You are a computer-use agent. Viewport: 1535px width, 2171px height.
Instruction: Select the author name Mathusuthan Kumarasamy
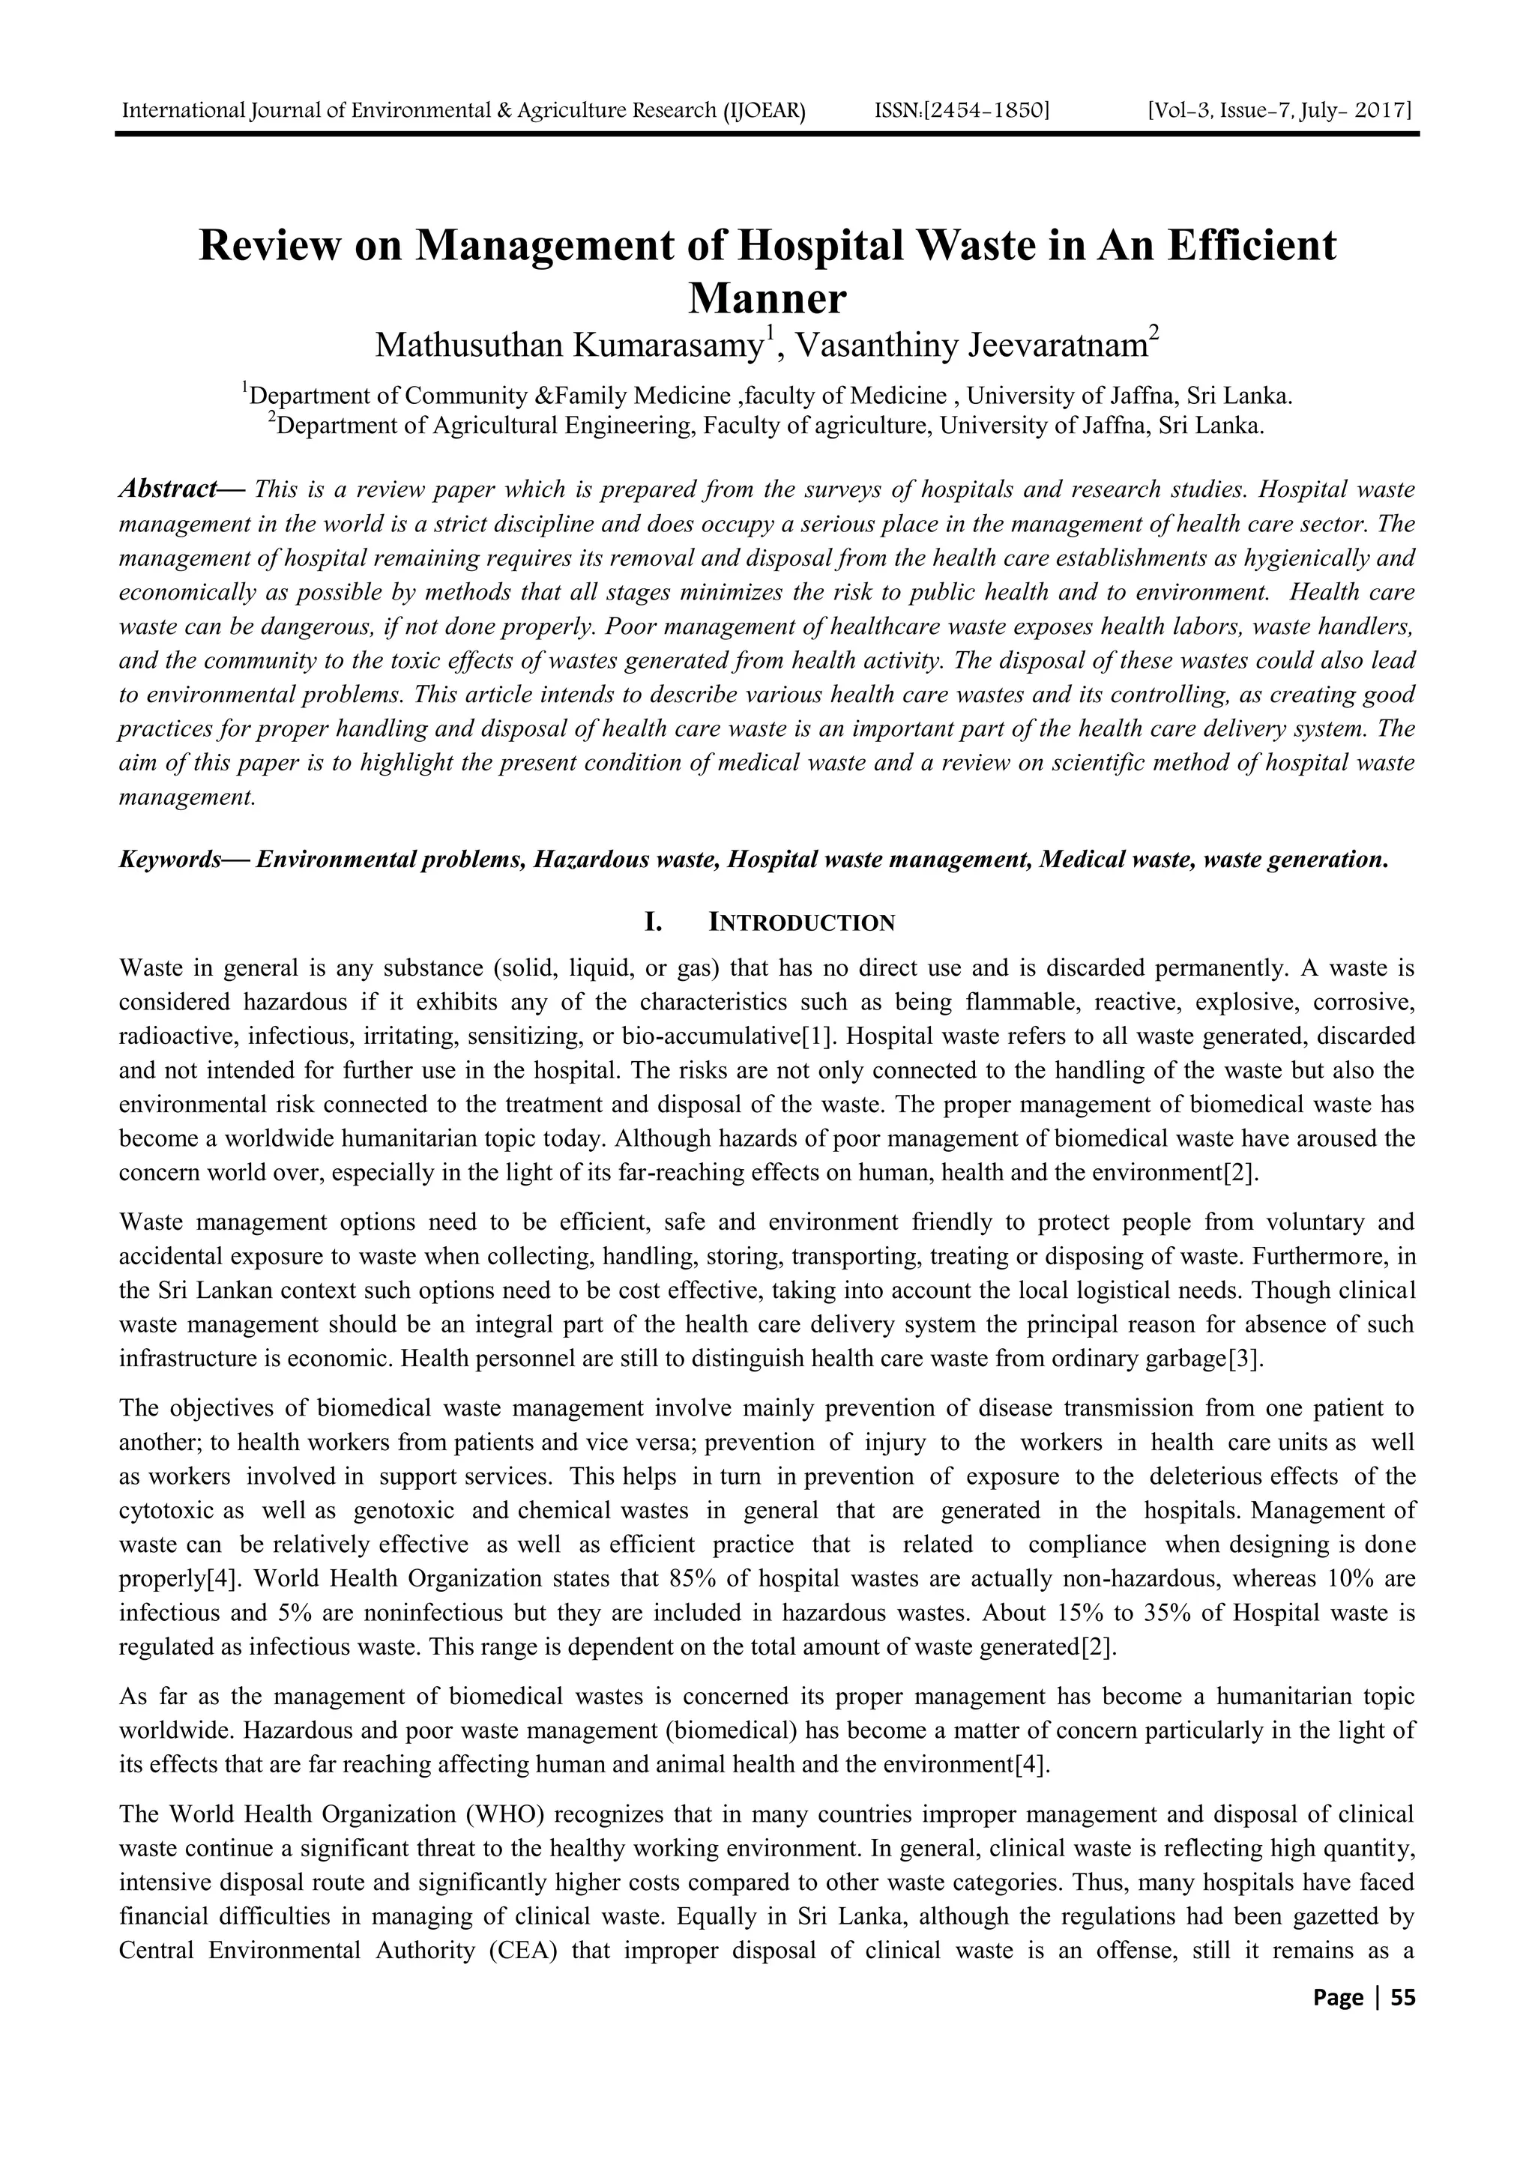click(570, 345)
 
